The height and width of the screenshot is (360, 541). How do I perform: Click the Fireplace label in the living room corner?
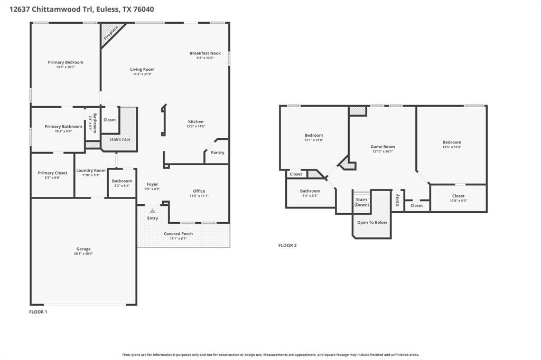(111, 33)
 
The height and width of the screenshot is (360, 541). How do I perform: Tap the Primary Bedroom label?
(66, 62)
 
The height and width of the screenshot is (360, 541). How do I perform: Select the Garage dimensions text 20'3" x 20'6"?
(83, 254)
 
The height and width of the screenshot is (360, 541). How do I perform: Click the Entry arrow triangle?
(152, 211)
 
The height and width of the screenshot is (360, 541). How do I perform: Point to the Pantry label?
(217, 153)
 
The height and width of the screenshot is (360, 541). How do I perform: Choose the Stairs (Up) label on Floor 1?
(119, 139)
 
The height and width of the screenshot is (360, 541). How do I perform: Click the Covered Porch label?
(178, 233)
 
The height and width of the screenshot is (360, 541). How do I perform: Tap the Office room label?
(199, 191)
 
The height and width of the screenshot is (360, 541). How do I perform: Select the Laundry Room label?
(91, 170)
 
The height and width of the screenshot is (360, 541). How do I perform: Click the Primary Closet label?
(52, 173)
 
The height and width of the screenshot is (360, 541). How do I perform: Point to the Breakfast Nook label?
(205, 53)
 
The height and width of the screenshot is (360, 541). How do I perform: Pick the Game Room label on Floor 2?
(383, 147)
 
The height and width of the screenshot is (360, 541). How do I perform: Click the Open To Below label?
(372, 222)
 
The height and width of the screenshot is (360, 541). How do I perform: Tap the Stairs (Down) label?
(361, 202)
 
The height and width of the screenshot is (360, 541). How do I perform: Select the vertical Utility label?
(398, 200)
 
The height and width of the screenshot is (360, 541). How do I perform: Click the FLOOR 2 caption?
(287, 245)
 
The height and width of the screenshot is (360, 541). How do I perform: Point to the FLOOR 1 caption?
(38, 312)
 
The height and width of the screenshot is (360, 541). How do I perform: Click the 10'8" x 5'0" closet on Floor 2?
(458, 198)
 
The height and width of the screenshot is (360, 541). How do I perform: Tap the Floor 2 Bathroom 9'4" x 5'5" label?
(310, 191)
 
